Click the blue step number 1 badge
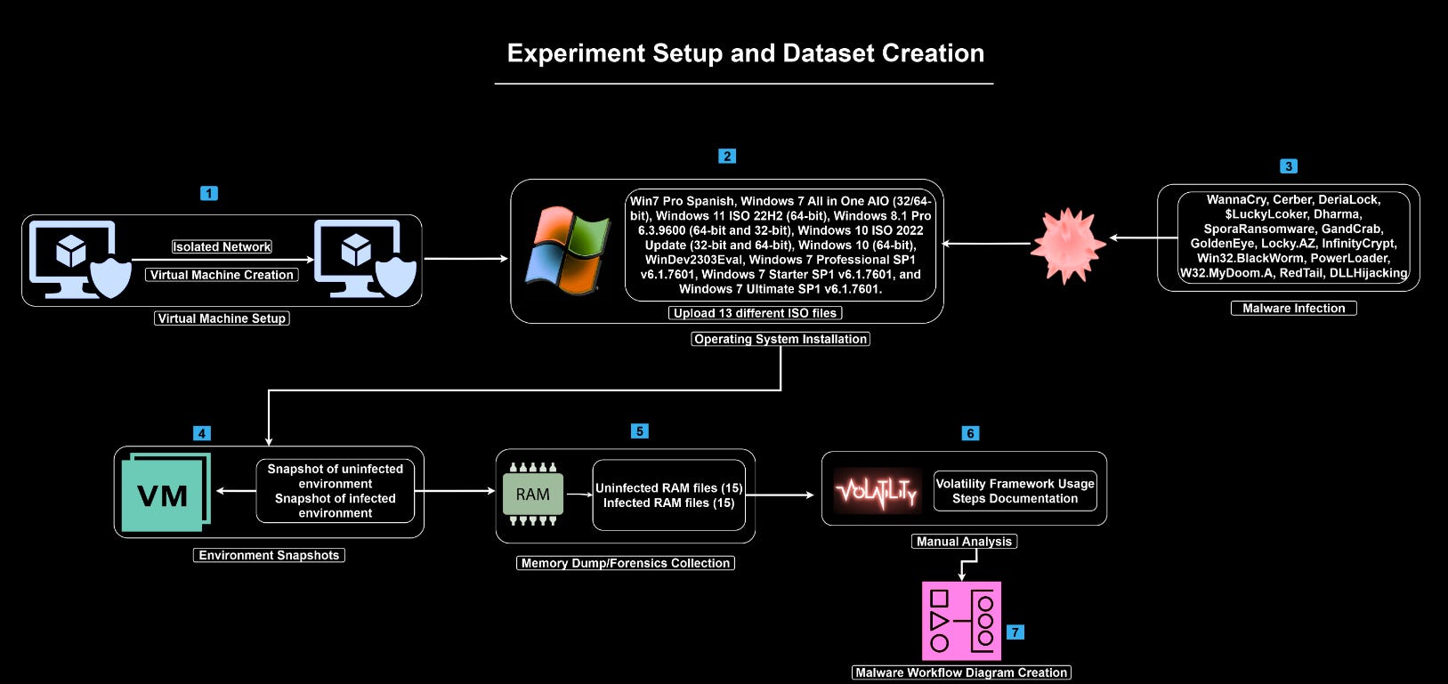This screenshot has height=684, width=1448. click(209, 193)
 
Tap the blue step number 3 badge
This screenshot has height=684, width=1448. click(1288, 166)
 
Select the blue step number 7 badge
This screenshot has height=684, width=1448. click(1015, 632)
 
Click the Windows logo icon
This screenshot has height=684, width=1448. click(567, 251)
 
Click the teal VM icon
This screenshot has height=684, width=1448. click(166, 493)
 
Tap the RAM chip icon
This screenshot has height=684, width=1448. click(532, 494)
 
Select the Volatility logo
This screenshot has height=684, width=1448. click(876, 490)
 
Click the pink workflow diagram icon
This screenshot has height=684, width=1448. click(961, 621)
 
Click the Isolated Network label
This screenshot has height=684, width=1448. click(222, 247)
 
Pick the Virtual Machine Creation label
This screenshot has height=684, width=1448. click(222, 275)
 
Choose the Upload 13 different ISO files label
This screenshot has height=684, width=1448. click(755, 313)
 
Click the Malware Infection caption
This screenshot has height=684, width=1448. click(1293, 309)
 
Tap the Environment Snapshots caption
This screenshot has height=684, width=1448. click(269, 555)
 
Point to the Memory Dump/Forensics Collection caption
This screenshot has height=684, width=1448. click(625, 563)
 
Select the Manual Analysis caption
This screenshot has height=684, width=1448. click(964, 542)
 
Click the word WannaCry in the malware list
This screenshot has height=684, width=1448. click(1236, 200)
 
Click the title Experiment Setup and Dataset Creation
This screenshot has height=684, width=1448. click(745, 53)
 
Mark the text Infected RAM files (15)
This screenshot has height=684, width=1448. click(668, 503)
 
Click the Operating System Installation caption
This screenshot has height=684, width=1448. click(781, 339)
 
